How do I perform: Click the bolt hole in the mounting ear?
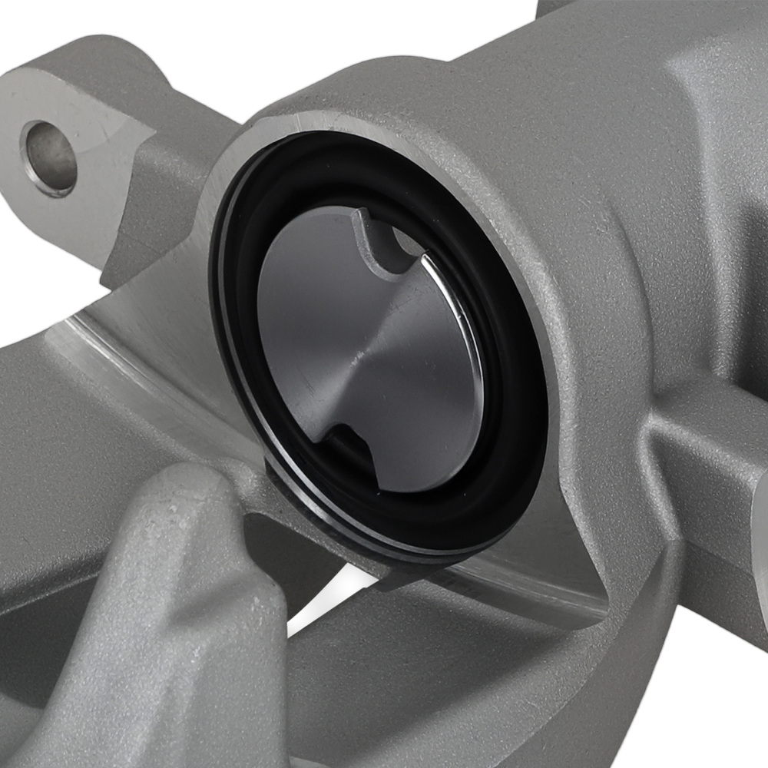[51, 157]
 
